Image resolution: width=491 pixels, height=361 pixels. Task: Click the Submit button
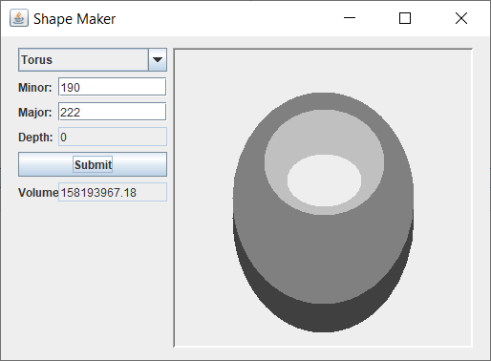pos(93,164)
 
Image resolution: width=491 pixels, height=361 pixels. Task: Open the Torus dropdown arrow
pos(158,59)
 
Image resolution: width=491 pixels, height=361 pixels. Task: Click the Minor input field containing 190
pos(112,87)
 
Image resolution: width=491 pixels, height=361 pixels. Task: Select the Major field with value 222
pos(112,112)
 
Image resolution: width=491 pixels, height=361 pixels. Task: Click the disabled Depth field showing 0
pos(112,137)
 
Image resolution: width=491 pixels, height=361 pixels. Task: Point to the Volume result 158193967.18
pos(112,193)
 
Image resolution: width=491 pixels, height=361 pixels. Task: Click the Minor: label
pos(35,87)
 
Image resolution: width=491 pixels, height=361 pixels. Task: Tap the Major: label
pos(35,112)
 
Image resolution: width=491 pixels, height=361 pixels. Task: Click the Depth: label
pos(35,137)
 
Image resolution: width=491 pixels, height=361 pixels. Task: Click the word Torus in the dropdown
pos(37,59)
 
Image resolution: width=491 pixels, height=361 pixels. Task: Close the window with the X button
pos(461,18)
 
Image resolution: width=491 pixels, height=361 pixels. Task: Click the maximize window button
pos(405,18)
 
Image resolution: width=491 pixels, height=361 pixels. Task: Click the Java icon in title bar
pos(18,18)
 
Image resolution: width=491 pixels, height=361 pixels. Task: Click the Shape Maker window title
pos(75,18)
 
